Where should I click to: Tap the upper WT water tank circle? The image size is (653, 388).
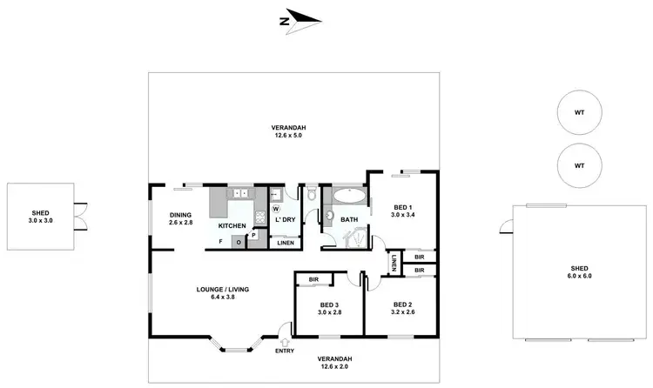[x=579, y=113]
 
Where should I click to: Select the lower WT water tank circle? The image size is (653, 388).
[x=579, y=164]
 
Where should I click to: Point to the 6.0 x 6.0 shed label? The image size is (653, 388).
[x=580, y=276]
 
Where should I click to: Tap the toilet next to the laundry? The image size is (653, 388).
[x=311, y=193]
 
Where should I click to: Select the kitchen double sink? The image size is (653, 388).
[x=239, y=193]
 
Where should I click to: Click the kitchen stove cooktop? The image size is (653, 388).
[x=259, y=217]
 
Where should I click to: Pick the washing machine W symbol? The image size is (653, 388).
[x=276, y=209]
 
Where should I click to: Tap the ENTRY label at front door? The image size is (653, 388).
[x=285, y=351]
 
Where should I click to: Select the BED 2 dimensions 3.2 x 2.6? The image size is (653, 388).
[x=401, y=311]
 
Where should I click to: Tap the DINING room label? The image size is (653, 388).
[x=181, y=215]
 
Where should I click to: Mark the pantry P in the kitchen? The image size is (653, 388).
[x=253, y=235]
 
